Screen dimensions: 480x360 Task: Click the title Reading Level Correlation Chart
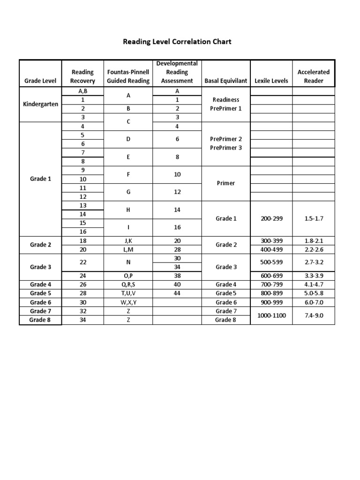177,42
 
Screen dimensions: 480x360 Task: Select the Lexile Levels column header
271,81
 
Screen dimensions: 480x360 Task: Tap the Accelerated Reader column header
313,76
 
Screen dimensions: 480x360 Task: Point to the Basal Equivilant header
225,81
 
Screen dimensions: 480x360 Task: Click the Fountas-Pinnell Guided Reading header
128,76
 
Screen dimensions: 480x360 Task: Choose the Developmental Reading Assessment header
177,72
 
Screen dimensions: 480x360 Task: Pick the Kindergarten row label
40,104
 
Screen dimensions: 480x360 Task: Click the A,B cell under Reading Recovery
82,91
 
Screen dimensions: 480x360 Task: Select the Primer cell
225,183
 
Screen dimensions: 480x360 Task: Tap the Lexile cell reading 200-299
271,218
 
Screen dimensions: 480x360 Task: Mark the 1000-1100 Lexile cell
271,315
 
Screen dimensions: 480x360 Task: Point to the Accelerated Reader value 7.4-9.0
313,315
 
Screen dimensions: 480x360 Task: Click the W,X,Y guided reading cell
128,302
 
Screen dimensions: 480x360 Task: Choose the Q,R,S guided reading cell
128,285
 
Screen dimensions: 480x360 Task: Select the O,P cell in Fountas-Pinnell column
128,276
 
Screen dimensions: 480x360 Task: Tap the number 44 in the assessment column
177,293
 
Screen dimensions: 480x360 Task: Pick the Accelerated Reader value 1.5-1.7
313,218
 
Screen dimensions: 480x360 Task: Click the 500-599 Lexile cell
271,262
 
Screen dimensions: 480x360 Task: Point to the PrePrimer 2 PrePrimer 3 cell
225,143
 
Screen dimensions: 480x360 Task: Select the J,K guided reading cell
128,240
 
